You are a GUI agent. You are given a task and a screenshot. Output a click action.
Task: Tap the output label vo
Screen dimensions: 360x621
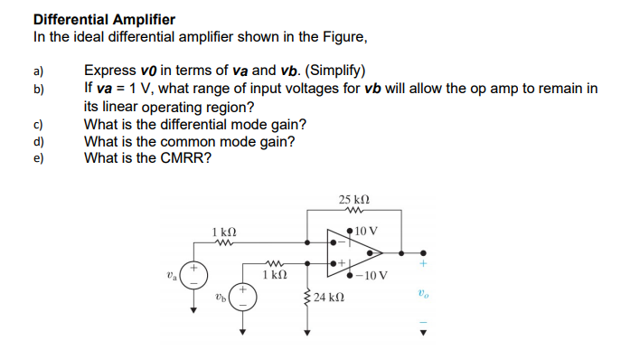click(422, 294)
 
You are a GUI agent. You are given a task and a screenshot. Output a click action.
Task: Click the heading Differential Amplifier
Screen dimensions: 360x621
click(104, 19)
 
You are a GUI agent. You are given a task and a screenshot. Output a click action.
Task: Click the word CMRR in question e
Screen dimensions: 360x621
click(188, 157)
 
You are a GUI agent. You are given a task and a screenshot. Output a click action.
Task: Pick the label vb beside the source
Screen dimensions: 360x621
click(221, 295)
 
